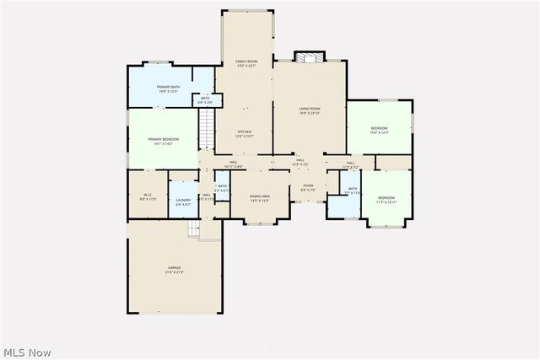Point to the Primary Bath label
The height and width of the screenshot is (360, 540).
point(168,89)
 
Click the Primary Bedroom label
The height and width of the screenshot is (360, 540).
point(163,141)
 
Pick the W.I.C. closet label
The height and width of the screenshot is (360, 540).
point(147,196)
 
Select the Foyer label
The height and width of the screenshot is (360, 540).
point(308,187)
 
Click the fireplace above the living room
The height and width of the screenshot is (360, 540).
point(308,57)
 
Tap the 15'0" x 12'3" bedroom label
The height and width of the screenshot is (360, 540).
point(379,130)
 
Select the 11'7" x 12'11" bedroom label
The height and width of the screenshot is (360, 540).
point(386,199)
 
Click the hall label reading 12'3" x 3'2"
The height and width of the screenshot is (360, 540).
point(300,163)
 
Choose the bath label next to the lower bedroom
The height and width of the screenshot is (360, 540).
point(353,191)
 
